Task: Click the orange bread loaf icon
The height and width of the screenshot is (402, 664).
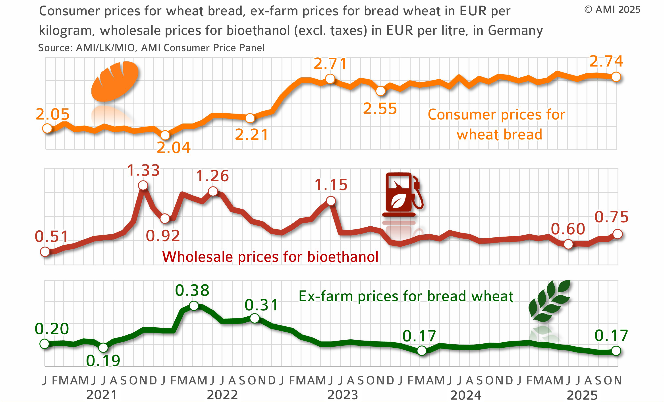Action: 114,82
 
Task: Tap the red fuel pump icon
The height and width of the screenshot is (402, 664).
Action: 402,194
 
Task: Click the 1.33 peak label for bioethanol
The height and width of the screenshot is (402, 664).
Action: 143,171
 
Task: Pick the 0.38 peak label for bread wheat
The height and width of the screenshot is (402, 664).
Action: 192,290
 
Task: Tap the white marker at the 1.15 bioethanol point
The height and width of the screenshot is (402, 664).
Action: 331,201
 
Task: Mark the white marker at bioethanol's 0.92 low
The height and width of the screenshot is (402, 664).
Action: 165,218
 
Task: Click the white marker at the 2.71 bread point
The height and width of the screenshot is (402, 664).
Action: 330,79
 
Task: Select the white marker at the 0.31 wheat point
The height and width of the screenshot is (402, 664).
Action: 255,318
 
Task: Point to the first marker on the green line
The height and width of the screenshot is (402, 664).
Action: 44,344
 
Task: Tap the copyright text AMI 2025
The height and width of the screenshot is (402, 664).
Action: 612,10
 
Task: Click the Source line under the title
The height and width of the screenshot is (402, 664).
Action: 151,48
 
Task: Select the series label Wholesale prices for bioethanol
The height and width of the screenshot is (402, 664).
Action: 270,257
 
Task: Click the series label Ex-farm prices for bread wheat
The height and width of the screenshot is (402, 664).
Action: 406,296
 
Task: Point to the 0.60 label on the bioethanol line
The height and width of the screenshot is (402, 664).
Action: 568,229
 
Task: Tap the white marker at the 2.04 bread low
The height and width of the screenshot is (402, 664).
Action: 165,135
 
